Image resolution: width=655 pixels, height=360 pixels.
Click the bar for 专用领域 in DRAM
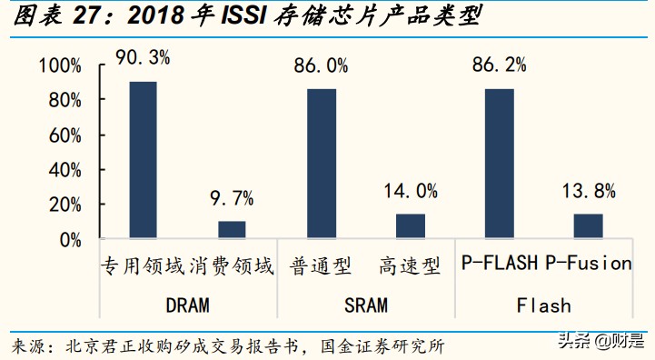coord(143,161)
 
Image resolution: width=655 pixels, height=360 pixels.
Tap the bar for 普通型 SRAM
coord(321,165)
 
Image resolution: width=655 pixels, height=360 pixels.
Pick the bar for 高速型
coord(410,227)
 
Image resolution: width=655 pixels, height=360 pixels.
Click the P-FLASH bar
coord(499,165)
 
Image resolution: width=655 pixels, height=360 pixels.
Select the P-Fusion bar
coord(587,227)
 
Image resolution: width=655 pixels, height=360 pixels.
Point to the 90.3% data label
coord(143,58)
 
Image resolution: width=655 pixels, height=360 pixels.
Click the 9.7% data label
coord(232,198)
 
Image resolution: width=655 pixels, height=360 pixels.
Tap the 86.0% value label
coord(321,65)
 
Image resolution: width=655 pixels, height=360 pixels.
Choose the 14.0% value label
coord(410,191)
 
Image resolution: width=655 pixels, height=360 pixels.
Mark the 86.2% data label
coord(499,65)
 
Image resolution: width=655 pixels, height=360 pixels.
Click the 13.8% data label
coord(587,191)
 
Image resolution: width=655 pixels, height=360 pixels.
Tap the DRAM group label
coord(186,304)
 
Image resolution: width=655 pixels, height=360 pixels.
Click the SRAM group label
coord(364,304)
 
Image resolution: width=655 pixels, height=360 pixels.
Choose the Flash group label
coord(543,304)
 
